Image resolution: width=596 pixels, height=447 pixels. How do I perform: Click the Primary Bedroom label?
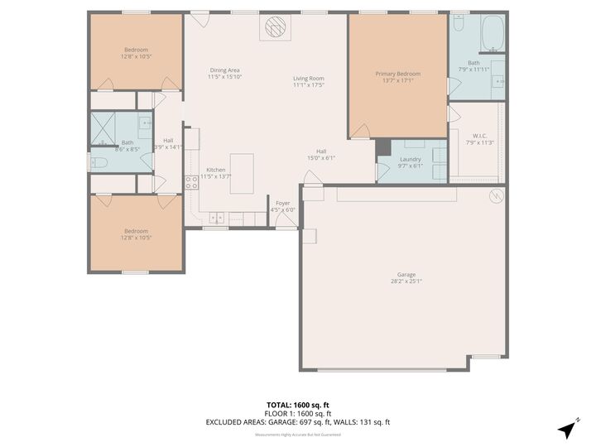click(397, 74)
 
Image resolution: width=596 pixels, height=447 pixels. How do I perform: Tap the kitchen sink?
click(216, 218)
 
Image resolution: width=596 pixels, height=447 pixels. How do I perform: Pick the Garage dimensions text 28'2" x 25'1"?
click(406, 281)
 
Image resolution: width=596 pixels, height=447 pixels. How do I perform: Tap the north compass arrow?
click(568, 429)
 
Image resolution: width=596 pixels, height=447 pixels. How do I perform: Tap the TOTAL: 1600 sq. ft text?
click(297, 405)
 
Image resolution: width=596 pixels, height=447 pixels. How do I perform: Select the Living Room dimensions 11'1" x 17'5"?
click(308, 85)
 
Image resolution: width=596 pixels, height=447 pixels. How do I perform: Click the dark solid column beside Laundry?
click(382, 147)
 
